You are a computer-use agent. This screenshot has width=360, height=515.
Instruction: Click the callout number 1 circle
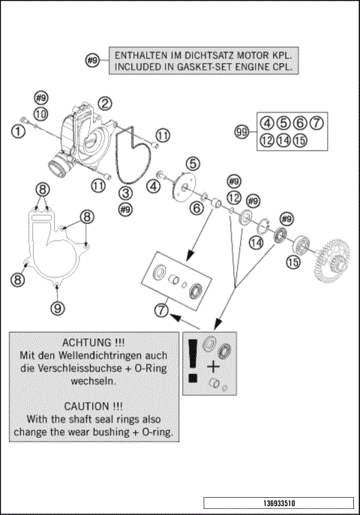pyautogui.click(x=18, y=132)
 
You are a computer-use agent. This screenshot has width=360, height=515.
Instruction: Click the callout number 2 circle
pyautogui.click(x=105, y=103)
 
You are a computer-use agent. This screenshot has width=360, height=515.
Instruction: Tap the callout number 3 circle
pyautogui.click(x=125, y=193)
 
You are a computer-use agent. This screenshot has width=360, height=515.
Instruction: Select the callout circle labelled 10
pyautogui.click(x=40, y=114)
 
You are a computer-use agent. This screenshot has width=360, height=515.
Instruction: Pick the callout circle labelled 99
pyautogui.click(x=241, y=132)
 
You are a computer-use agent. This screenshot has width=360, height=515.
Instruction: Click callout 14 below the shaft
pyautogui.click(x=256, y=243)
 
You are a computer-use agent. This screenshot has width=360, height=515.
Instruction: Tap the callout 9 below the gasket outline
pyautogui.click(x=58, y=308)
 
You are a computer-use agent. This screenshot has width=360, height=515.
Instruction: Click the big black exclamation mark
pyautogui.click(x=193, y=361)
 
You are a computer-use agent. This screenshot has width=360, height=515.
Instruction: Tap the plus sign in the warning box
pyautogui.click(x=213, y=367)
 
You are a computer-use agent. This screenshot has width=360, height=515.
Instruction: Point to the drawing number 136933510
pyautogui.click(x=279, y=503)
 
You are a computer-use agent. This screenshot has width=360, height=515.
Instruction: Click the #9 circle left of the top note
pyautogui.click(x=92, y=61)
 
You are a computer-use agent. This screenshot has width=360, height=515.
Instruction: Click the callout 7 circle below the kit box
pyautogui.click(x=161, y=310)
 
